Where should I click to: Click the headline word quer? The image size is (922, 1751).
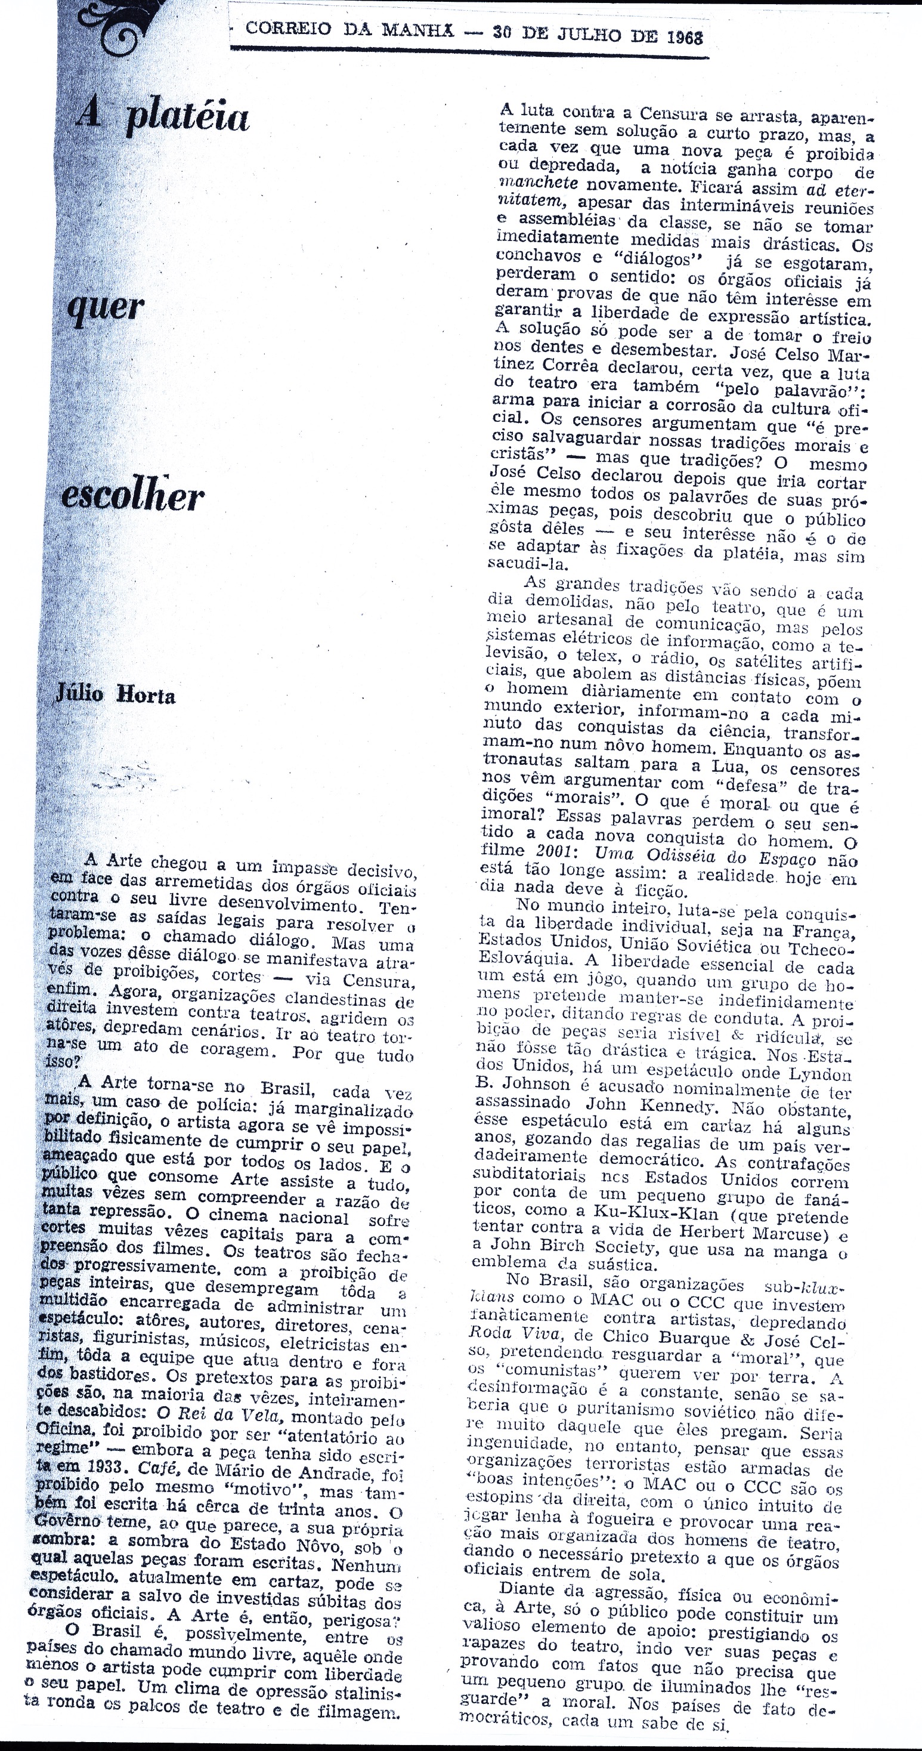[107, 308]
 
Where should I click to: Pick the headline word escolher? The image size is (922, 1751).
[133, 496]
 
